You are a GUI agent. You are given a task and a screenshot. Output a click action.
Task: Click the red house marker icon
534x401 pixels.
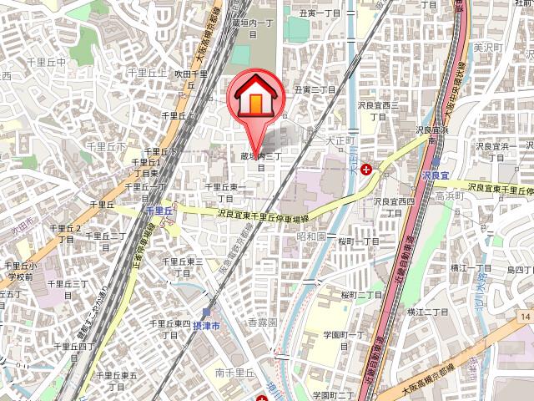(x=255, y=99)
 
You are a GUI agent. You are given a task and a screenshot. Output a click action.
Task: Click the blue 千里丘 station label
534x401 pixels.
(x=158, y=211)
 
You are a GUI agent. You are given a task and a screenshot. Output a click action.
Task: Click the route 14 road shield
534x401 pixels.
(x=522, y=317)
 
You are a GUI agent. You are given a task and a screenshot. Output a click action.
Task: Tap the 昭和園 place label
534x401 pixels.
(x=310, y=236)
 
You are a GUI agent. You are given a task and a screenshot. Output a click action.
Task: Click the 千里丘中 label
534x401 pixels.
(x=46, y=63)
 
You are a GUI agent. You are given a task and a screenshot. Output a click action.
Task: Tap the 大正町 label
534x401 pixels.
(x=340, y=140)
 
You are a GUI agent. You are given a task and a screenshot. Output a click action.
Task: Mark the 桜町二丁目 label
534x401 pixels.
(x=361, y=295)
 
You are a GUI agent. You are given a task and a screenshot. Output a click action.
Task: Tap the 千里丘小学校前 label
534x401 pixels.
(x=18, y=271)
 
